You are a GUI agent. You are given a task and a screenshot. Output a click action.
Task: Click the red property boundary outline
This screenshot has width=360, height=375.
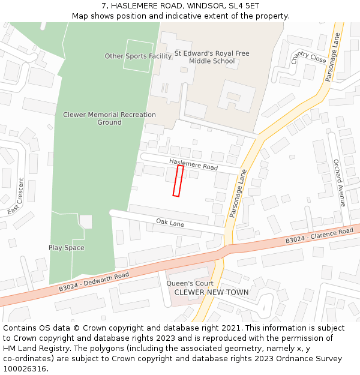(x=178, y=181)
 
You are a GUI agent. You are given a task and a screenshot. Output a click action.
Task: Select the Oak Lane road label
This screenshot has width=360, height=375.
(x=170, y=223)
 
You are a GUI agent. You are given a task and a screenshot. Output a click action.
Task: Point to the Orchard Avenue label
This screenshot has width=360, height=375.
(x=340, y=183)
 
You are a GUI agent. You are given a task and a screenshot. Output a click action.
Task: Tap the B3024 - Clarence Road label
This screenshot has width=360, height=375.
(x=319, y=236)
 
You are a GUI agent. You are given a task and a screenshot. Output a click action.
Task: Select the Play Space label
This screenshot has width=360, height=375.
(x=67, y=248)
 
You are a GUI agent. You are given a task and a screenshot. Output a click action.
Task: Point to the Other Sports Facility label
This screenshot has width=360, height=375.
(x=138, y=56)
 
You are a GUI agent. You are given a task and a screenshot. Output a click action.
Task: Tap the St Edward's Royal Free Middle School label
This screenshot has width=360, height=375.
(x=212, y=57)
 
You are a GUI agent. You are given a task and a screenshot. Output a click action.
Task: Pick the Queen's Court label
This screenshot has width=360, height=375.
(x=190, y=284)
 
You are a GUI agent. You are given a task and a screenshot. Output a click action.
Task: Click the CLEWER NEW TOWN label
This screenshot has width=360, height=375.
(x=211, y=293)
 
